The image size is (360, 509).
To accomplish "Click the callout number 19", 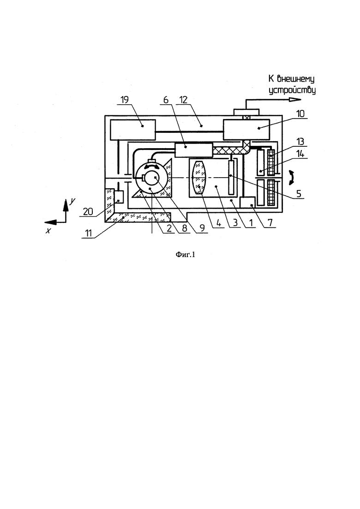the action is (125, 100).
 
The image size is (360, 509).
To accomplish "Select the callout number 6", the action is (166, 100).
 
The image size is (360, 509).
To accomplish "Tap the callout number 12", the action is (183, 100).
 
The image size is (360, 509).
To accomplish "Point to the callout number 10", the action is (300, 114).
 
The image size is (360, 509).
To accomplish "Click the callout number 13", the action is (300, 142).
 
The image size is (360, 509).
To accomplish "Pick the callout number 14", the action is (300, 154).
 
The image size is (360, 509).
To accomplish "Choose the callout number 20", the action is (88, 212).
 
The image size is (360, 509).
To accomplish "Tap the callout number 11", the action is (88, 233).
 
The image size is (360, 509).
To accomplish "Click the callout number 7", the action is (270, 223).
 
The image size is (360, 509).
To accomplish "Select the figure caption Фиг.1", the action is (186, 255).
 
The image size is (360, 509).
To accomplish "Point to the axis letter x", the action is (48, 231).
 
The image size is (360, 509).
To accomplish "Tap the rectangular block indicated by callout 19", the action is (133, 130).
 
